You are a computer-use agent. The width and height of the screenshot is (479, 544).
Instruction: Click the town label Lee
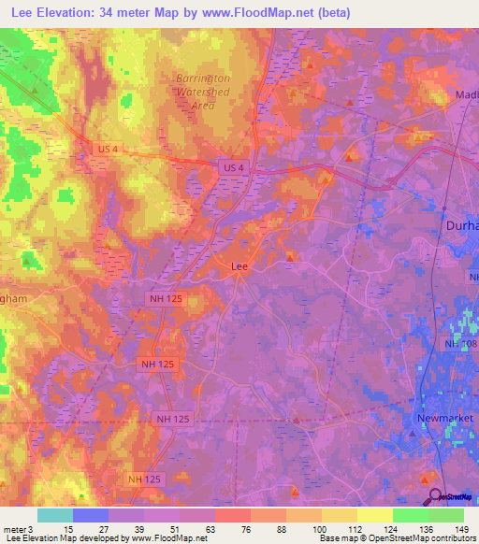(x=239, y=266)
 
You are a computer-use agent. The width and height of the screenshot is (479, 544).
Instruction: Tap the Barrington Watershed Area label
(x=197, y=93)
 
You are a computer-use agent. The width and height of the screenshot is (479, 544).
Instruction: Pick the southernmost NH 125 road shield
(x=145, y=479)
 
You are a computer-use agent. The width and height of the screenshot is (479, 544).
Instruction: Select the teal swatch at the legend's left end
(x=54, y=515)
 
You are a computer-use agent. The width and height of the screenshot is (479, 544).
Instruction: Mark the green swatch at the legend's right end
(x=446, y=515)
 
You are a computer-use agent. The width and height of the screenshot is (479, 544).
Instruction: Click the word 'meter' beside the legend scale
(x=15, y=530)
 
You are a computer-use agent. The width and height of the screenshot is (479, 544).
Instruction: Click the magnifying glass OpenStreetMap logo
(x=435, y=496)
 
